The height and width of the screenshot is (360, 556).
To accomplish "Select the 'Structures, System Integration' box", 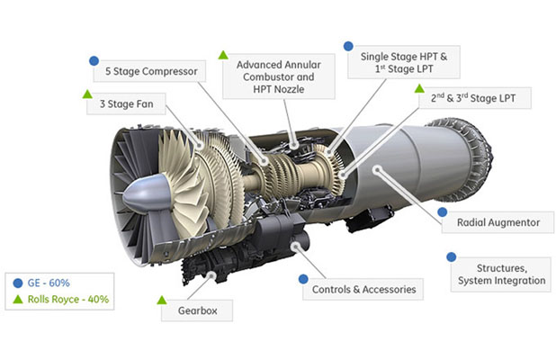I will (500, 274).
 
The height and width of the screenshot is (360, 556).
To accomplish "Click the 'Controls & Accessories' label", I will (363, 290).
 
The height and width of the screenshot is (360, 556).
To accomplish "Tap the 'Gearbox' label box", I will (197, 311).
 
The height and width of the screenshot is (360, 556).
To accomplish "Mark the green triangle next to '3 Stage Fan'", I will (87, 94).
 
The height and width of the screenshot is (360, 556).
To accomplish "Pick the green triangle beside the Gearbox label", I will (162, 299).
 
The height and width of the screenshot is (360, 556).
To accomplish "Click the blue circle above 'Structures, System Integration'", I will (452, 256).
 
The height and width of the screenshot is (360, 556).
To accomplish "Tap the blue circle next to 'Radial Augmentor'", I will (443, 211).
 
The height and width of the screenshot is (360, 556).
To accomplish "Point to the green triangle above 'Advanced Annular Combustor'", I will (222, 54).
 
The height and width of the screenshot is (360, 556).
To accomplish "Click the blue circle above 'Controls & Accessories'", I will (303, 279).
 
